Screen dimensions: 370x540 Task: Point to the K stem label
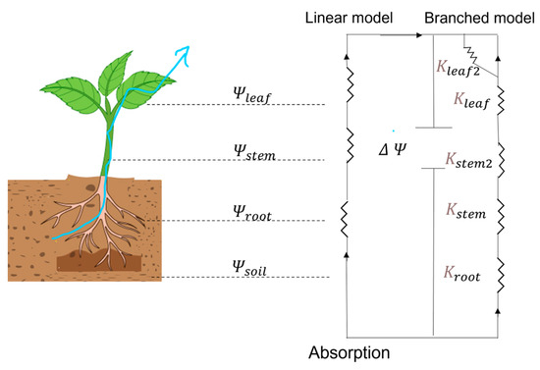[464, 210]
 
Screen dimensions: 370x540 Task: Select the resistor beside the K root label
[500, 266]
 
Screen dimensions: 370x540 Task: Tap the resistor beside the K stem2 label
[500, 156]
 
